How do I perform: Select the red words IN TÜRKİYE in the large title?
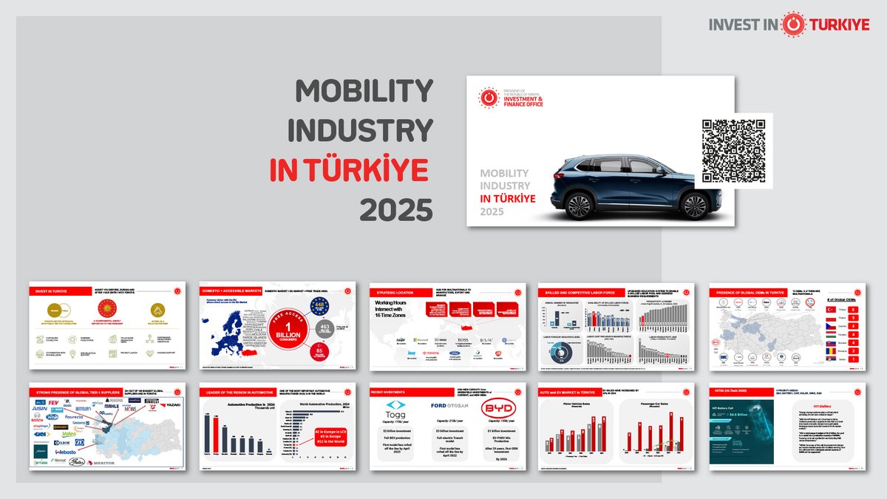click(x=350, y=171)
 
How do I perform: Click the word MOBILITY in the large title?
click(x=364, y=92)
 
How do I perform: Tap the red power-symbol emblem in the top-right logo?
click(x=795, y=24)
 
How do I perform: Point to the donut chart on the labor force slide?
click(x=561, y=353)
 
